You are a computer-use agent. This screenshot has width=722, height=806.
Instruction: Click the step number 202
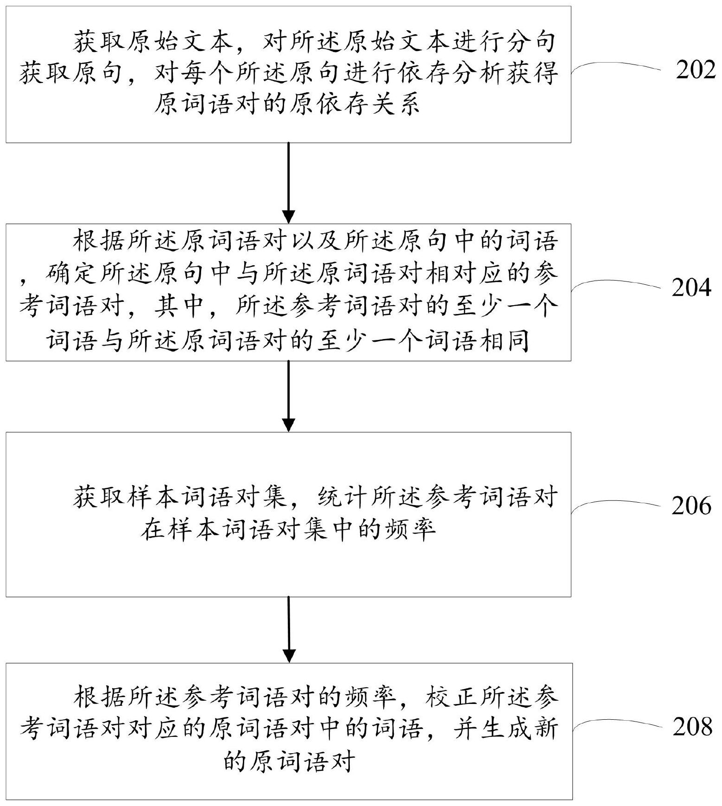coord(696,70)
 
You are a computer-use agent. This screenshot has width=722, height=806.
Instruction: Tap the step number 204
coord(691,288)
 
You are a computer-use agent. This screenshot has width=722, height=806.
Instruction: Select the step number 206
coord(691,505)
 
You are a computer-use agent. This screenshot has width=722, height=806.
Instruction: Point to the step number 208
coord(692,726)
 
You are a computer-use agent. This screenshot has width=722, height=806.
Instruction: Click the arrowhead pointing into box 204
coord(289,217)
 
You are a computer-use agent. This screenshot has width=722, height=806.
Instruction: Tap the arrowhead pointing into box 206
coord(289,425)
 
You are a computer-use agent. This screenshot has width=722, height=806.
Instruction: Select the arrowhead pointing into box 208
coord(289,656)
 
